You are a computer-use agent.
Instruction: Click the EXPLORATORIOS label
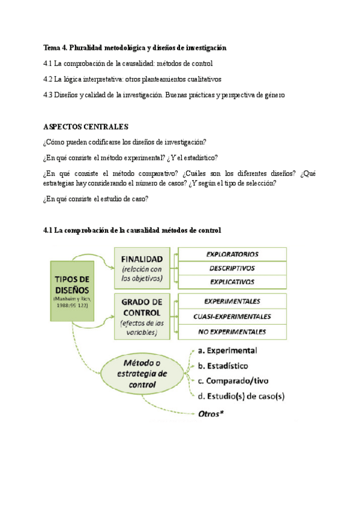point(232,254)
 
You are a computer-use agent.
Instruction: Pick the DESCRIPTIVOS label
point(232,268)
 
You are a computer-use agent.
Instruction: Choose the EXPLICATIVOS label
point(232,282)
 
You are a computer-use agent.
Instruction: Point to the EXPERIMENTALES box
point(232,301)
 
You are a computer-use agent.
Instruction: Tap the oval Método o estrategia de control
point(143,373)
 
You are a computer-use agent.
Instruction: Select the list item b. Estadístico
point(223,366)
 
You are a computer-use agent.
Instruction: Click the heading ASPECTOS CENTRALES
point(86,127)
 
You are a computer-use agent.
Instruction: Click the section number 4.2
point(49,79)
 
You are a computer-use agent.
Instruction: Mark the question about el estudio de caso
point(96,199)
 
